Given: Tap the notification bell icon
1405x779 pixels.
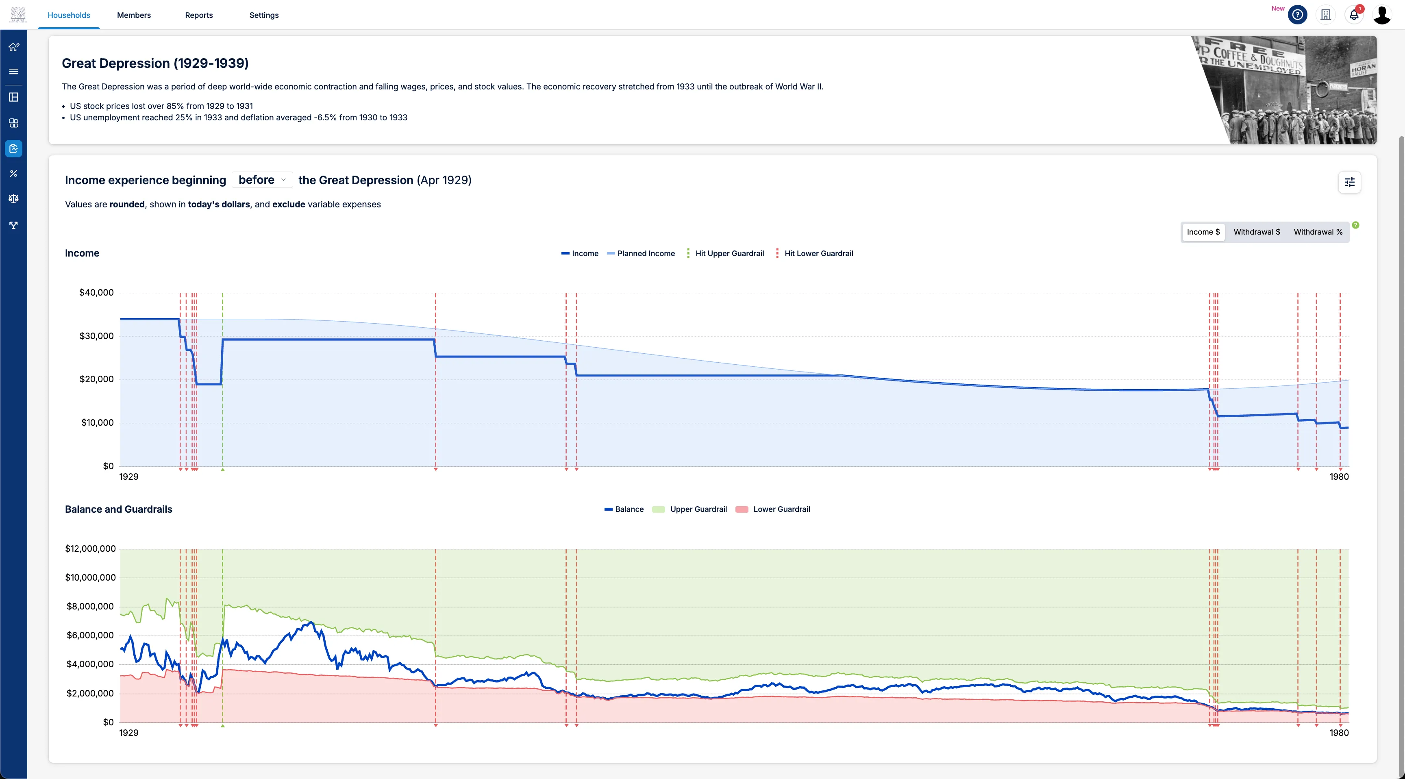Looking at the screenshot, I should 1354,15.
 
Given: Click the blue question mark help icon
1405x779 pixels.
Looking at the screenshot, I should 1298,15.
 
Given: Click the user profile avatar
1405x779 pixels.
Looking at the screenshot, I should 1382,15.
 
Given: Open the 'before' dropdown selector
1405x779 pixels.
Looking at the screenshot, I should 262,180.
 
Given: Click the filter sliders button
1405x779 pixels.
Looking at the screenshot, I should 1349,182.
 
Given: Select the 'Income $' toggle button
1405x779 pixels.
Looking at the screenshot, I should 1203,232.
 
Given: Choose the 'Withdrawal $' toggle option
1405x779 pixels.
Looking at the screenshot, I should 1257,232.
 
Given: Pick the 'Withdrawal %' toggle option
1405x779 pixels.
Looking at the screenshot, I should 1318,232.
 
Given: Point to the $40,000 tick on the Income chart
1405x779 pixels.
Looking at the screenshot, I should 96,292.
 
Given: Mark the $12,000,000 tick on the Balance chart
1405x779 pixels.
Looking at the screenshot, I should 91,549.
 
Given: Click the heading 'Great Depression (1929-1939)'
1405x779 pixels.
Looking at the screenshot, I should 155,63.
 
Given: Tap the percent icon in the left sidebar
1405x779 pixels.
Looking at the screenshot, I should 14,174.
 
